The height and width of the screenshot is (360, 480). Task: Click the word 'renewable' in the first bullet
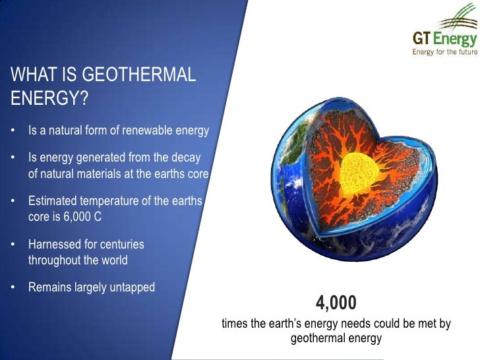139,131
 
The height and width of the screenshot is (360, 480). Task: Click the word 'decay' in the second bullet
185,159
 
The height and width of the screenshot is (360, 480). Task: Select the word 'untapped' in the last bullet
131,287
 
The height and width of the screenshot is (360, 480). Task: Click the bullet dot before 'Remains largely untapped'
14,287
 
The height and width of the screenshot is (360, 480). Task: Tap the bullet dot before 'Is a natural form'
14,131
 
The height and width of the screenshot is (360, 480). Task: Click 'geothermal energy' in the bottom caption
336,339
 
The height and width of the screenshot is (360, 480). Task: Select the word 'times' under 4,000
234,324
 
